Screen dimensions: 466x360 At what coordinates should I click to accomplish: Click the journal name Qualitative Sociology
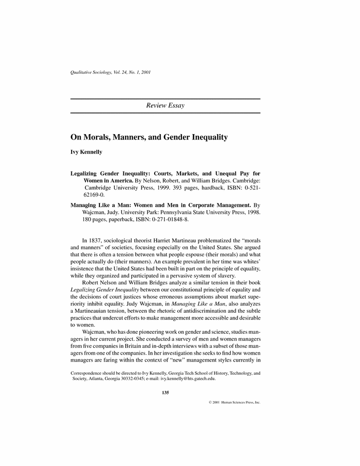coord(88,72)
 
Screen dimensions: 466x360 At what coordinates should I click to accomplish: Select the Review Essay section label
coord(165,105)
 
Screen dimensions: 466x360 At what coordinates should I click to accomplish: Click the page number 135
coord(165,392)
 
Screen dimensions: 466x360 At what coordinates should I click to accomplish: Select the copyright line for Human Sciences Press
coord(234,403)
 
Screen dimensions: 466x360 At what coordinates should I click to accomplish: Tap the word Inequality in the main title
coord(206,138)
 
